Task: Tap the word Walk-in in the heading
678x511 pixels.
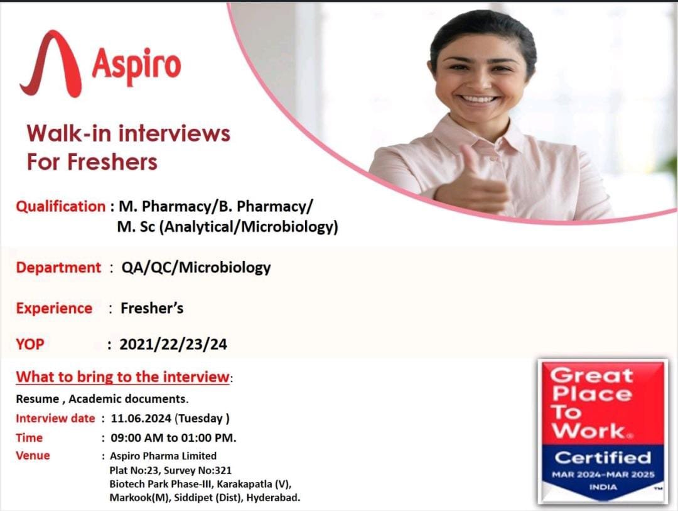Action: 69,133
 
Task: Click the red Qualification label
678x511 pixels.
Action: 60,206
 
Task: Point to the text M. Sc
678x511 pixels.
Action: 136,227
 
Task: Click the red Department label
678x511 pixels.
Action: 58,267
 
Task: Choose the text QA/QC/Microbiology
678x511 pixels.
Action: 196,267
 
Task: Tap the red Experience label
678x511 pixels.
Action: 54,308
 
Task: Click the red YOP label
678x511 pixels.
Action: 30,344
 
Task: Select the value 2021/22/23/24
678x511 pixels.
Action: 173,344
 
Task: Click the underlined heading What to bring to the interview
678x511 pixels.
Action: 122,377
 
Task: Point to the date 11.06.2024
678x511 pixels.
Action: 141,418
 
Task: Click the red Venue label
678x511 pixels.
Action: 33,456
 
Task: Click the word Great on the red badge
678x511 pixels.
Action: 591,376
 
